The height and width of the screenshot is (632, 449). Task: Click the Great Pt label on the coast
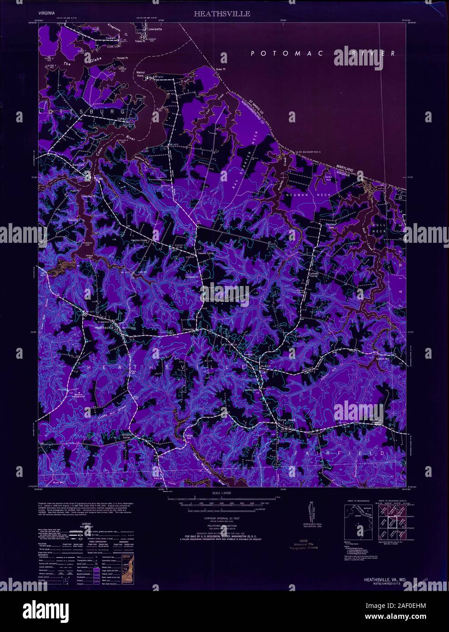click(x=220, y=69)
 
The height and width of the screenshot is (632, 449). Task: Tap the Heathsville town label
click(x=104, y=326)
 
